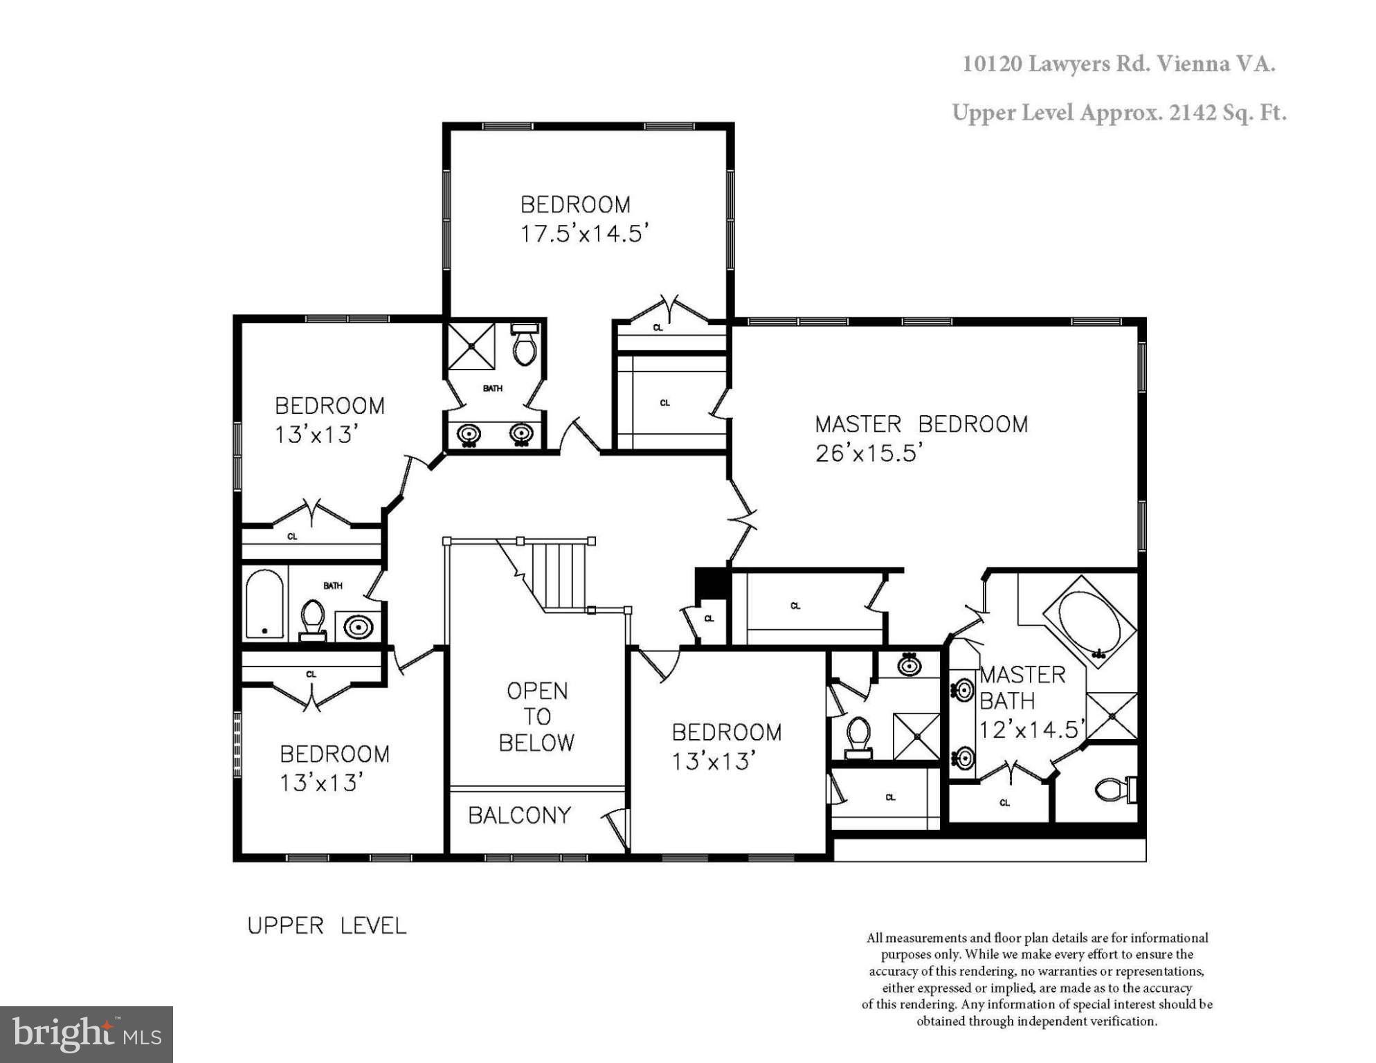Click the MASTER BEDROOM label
point(921,424)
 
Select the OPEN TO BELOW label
point(536,716)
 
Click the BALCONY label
point(519,815)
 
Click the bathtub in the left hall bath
point(264,603)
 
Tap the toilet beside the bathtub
point(312,618)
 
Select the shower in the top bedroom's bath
point(471,346)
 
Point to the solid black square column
point(709,583)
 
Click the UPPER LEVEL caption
point(326,926)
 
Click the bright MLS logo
point(86,1034)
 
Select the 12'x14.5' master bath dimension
point(1030,729)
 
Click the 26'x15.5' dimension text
point(869,453)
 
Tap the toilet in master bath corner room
point(1113,789)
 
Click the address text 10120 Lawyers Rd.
point(1056,64)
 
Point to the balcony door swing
point(616,827)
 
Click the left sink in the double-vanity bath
point(469,435)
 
